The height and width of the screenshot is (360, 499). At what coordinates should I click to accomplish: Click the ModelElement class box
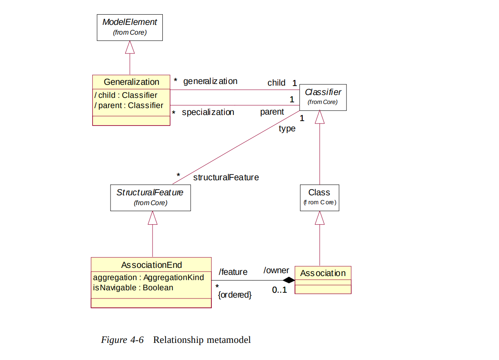click(130, 28)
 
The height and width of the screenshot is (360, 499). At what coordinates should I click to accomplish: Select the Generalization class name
click(131, 82)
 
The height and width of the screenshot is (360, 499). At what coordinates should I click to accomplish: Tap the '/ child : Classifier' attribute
click(126, 95)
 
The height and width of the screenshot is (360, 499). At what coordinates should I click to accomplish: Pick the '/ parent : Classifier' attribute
click(129, 106)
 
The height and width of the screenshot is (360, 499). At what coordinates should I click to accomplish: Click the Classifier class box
click(323, 97)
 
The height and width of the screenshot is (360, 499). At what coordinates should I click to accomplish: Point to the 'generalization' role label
click(210, 81)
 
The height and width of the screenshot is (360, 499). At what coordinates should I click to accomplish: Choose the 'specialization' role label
click(208, 112)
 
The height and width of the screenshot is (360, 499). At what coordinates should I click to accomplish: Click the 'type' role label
click(287, 129)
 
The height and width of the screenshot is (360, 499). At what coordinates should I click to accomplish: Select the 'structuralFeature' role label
click(226, 177)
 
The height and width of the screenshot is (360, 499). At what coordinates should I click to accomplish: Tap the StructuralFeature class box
click(150, 198)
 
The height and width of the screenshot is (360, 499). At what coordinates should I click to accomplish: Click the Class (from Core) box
click(319, 198)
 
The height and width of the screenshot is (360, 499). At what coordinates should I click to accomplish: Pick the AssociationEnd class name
click(151, 265)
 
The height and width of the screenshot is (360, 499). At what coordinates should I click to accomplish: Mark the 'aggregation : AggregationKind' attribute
click(149, 278)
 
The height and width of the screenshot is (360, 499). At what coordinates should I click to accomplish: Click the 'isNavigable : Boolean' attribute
click(133, 288)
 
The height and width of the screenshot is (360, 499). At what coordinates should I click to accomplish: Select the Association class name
click(323, 273)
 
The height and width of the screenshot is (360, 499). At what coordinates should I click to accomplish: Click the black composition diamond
click(289, 280)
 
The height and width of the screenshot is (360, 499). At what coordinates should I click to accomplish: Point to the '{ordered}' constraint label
click(235, 295)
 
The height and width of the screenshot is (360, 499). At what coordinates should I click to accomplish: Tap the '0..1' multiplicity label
click(279, 291)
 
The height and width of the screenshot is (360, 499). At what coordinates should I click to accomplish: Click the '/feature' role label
click(233, 272)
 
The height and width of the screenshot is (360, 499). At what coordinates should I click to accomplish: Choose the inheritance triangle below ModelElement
click(130, 48)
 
